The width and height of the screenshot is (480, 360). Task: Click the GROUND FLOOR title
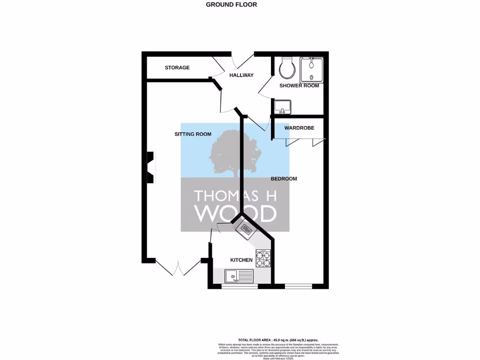coord(232,5)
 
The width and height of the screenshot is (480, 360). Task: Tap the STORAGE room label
coord(177,67)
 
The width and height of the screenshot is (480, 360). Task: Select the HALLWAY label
coord(241,75)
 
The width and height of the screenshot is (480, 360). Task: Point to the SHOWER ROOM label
coord(299,86)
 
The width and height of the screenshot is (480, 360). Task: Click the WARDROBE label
coord(299,128)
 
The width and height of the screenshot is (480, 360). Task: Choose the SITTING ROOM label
coord(193,134)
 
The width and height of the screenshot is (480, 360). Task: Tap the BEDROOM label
coord(284,179)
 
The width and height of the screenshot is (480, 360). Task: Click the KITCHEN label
coord(241,260)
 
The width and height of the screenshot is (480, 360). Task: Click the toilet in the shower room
coord(286,69)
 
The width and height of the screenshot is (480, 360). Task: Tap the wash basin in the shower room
coord(283,107)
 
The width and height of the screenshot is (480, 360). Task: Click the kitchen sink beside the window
coord(239,276)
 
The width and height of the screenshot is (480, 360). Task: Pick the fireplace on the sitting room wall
coord(150,167)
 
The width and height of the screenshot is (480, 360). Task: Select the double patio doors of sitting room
coord(178,268)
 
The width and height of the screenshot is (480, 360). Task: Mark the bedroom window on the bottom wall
coord(298,285)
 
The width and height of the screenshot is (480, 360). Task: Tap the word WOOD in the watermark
coord(235,214)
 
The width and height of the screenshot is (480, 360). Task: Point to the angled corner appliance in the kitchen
coord(246,229)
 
